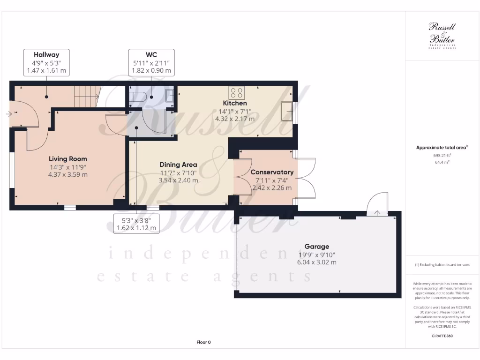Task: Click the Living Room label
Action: point(68,159)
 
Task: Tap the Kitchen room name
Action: point(234,103)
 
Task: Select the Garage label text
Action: point(317,247)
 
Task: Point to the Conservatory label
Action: point(272,172)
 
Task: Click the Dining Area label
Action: point(178,165)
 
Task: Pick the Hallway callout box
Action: point(46,63)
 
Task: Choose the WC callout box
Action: point(151,63)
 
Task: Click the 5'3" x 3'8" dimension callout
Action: point(136,224)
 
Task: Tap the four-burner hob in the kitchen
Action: point(236,92)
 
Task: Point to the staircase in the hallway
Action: point(86,97)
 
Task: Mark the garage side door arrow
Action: point(378,214)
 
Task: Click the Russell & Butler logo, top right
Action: point(442,35)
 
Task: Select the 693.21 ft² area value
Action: point(442,155)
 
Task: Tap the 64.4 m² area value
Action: point(442,162)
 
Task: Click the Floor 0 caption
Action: point(203,342)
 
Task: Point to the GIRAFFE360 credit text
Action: point(442,336)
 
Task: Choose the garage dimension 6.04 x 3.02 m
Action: point(317,262)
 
